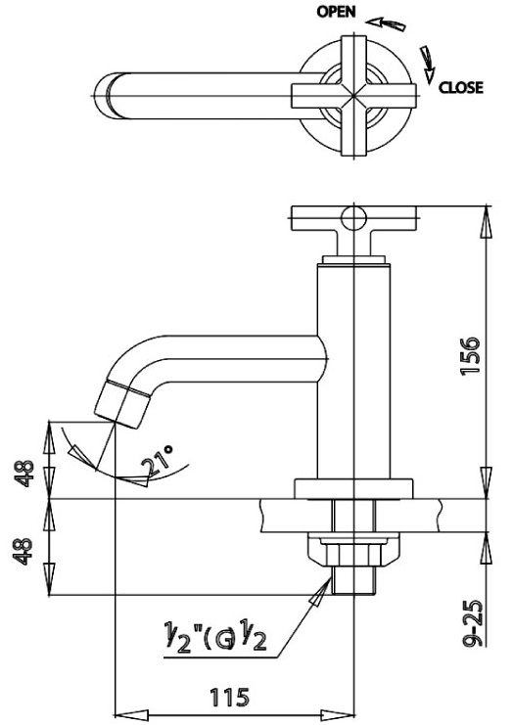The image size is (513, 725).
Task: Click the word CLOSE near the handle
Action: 460,87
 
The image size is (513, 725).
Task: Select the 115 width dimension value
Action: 229,697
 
